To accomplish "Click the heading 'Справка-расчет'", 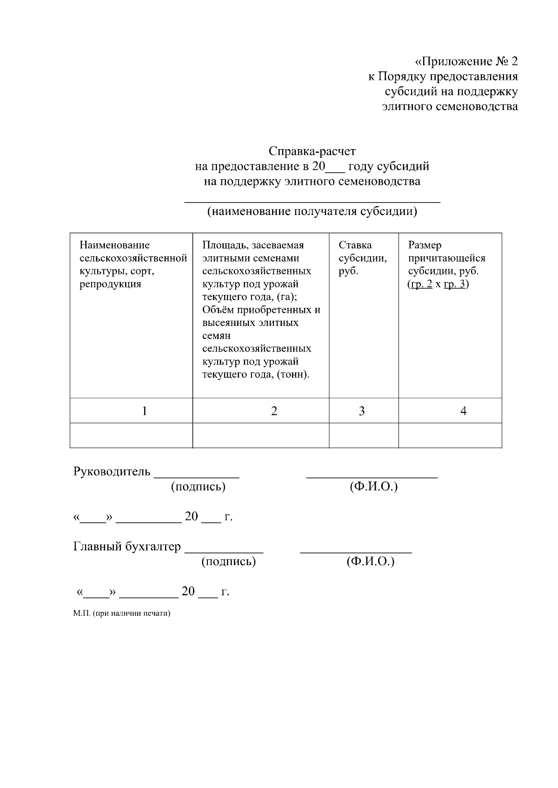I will pos(312,151).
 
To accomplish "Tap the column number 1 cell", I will pos(145,411).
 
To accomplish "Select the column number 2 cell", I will pos(274,411).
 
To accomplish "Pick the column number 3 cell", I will pos(362,411).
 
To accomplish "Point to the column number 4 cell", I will pos(463,411).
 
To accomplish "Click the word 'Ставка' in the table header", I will pos(355,245).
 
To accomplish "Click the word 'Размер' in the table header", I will pos(425,245).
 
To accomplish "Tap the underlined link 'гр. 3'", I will pos(454,284).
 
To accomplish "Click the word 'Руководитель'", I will pos(112,472).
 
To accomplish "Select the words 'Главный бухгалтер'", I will pos(127,547).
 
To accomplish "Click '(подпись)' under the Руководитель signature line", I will pos(198,487).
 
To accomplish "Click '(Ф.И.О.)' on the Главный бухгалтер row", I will pos(371,561).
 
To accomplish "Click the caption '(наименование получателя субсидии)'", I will pos(312,212).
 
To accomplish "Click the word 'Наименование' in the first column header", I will pos(115,245).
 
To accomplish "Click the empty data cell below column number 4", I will pos(450,436).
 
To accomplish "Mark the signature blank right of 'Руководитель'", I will pos(197,475).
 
